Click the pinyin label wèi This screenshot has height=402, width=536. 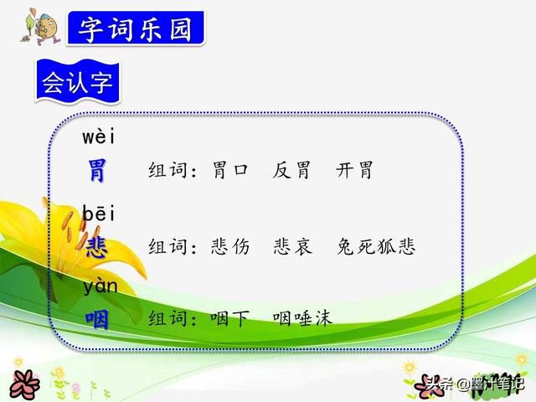99,137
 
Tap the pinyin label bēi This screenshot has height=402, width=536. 99,213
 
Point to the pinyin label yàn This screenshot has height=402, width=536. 100,286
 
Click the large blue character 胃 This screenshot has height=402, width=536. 96,171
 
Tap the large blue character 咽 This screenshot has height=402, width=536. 97,319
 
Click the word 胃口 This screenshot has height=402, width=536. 229,170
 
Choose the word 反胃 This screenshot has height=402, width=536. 291,170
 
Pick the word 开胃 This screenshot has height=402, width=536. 354,170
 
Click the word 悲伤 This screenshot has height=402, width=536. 230,246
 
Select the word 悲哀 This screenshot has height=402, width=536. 292,246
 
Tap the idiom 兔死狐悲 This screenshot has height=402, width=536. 376,246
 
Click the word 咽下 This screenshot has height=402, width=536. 230,318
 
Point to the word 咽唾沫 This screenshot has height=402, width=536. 302,318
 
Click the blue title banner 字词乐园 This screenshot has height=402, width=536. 136,28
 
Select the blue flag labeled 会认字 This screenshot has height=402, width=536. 78,82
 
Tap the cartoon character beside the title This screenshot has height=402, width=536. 41,28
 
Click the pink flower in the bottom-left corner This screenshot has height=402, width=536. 24,385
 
